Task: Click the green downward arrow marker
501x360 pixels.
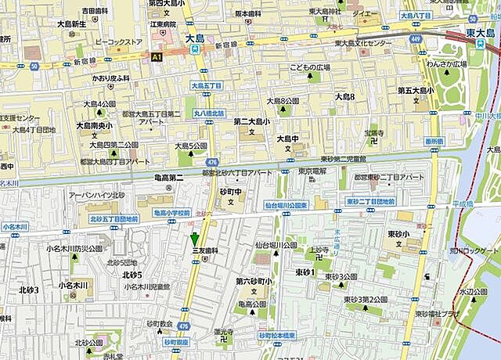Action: [x=195, y=239]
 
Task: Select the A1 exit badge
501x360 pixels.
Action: [x=157, y=57]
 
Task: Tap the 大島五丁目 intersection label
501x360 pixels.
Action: [x=207, y=85]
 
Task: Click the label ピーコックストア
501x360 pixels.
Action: [x=117, y=40]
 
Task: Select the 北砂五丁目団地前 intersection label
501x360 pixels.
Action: [x=113, y=219]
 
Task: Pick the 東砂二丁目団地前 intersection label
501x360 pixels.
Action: [x=371, y=202]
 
